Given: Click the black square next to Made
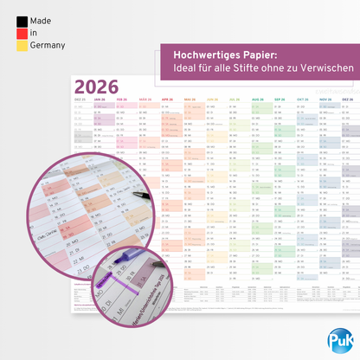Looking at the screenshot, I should [22, 20].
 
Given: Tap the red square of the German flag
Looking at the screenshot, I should [22, 33].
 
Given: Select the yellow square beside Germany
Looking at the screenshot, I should [22, 46].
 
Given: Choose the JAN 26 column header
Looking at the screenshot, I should [100, 100].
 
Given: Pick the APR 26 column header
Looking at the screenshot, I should [167, 100].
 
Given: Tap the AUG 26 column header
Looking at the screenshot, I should [257, 100].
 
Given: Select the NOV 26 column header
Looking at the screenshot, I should [325, 100].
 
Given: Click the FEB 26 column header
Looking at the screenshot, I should [122, 100].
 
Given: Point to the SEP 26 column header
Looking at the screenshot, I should [280, 100].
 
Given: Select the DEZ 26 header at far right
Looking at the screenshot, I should [345, 100].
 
